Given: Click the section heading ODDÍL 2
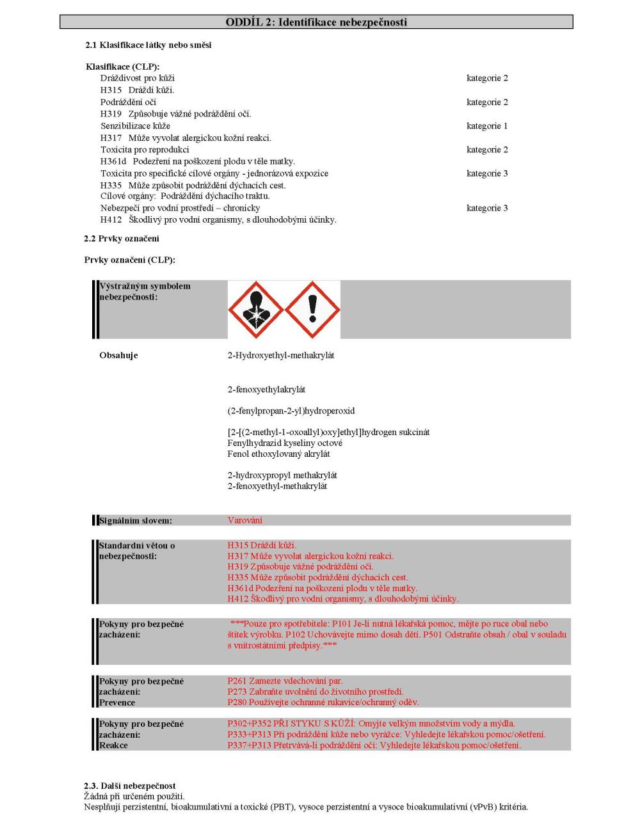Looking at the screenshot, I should [316, 22].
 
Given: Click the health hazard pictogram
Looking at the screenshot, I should [256, 309].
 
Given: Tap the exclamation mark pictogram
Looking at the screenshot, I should [312, 309].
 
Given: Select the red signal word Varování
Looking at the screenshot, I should [244, 520].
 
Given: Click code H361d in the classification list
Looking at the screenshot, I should [113, 161].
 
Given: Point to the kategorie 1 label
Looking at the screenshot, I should [487, 126].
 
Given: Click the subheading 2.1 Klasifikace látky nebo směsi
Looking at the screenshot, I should [148, 45].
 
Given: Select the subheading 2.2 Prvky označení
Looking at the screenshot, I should [122, 239].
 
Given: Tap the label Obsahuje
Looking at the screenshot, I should [118, 355].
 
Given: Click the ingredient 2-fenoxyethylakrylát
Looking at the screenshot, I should [266, 389].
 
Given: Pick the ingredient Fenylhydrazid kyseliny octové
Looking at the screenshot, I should [285, 443].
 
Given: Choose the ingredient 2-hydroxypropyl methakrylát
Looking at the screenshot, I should [282, 475].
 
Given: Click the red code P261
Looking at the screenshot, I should [236, 681].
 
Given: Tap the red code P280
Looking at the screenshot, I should [236, 702].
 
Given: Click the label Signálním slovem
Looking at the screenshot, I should [135, 521].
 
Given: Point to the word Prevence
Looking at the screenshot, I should [117, 703].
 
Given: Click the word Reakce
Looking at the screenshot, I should [113, 745].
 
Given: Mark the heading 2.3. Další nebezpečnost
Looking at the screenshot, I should [130, 786].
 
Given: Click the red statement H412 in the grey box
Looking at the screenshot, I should [237, 599].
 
